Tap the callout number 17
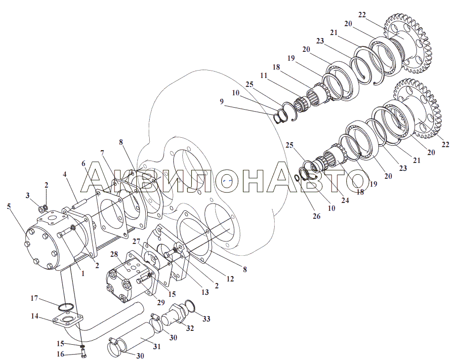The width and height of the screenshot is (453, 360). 34,298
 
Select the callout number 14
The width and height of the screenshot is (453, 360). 35,316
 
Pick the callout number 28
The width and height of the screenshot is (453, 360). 114,254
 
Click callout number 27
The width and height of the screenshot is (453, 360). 136,242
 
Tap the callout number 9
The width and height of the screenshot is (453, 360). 222,102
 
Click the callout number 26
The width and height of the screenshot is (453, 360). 316,216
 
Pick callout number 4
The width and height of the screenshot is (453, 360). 65,174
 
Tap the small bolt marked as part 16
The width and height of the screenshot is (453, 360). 83,354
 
